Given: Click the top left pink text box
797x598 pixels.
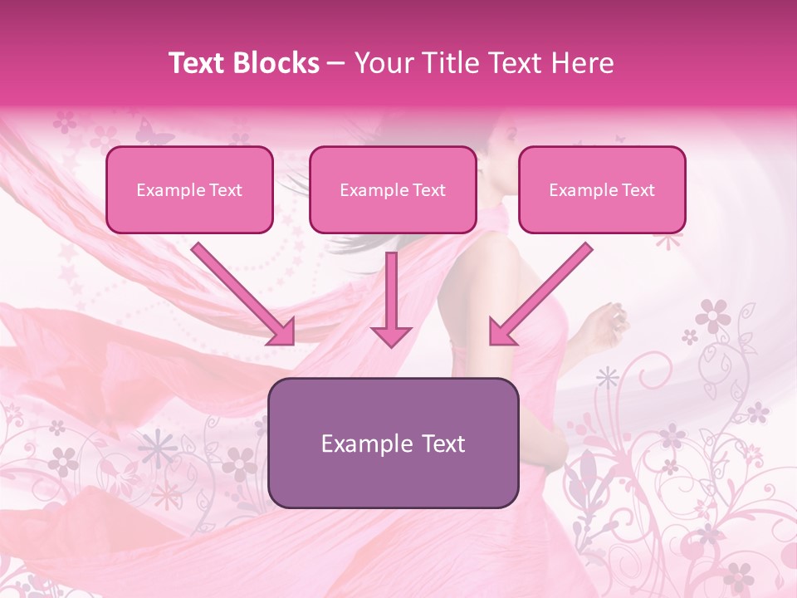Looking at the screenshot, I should click(189, 189).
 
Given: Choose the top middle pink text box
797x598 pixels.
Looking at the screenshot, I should click(393, 189).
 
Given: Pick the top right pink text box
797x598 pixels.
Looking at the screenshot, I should click(602, 189).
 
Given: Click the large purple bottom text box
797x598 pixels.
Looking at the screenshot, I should click(394, 443).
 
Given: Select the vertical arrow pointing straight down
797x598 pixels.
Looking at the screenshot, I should click(391, 299).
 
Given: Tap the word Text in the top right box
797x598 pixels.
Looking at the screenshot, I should click(637, 190).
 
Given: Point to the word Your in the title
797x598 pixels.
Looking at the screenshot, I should click(381, 63).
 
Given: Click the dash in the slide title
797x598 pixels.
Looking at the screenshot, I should click(336, 64).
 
